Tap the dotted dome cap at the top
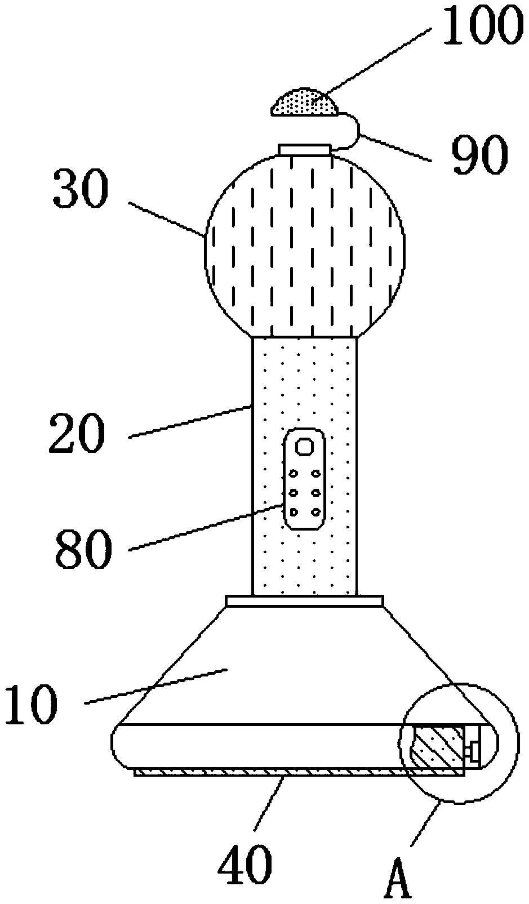coord(305,104)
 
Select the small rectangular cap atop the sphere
coord(304,149)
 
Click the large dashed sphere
coord(305,242)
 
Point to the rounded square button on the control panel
coord(305,447)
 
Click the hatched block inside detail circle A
coord(438,748)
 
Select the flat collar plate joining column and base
coord(304,601)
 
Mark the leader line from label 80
coord(206,527)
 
